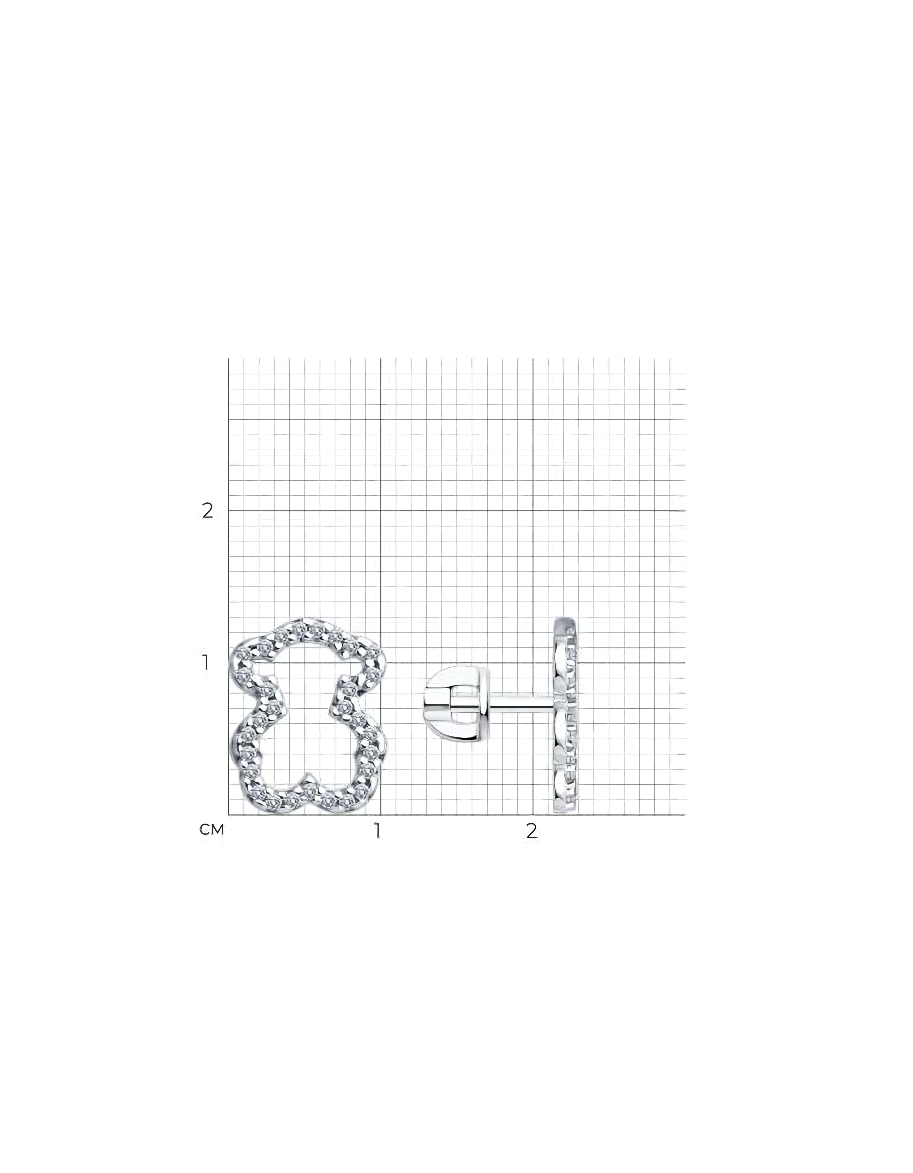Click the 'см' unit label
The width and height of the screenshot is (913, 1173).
click(x=211, y=830)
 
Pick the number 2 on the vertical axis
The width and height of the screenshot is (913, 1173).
click(x=207, y=511)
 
